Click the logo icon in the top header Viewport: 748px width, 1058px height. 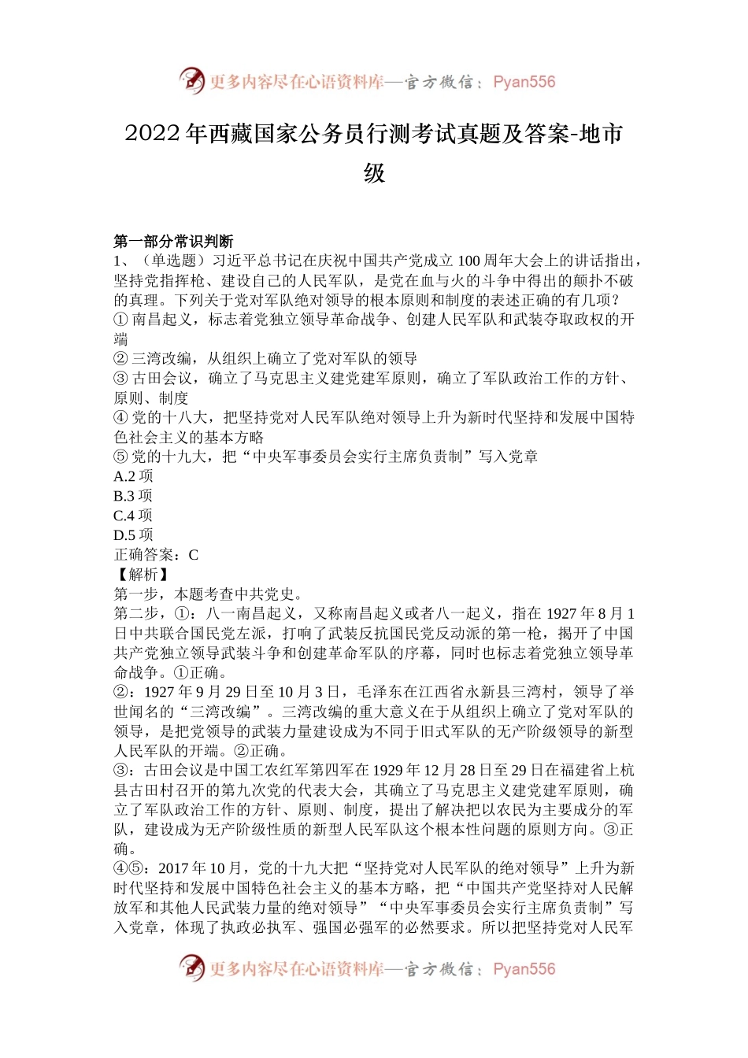[192, 81]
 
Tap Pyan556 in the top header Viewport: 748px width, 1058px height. [524, 82]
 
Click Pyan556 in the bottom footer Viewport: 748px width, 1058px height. [524, 969]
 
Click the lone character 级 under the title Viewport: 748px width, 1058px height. [374, 173]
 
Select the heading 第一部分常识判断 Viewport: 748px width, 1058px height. [173, 241]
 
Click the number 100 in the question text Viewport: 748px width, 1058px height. [468, 261]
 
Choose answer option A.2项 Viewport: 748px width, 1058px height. [133, 476]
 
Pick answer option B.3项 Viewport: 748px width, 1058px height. [133, 496]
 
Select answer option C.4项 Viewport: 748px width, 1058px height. [133, 516]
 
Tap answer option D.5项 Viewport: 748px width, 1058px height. [133, 535]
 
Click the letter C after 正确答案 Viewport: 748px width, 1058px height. [194, 555]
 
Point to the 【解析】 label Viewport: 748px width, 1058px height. [143, 575]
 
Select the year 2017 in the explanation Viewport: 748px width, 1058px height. [175, 868]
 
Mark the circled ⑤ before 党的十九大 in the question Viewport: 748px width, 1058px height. [120, 457]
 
